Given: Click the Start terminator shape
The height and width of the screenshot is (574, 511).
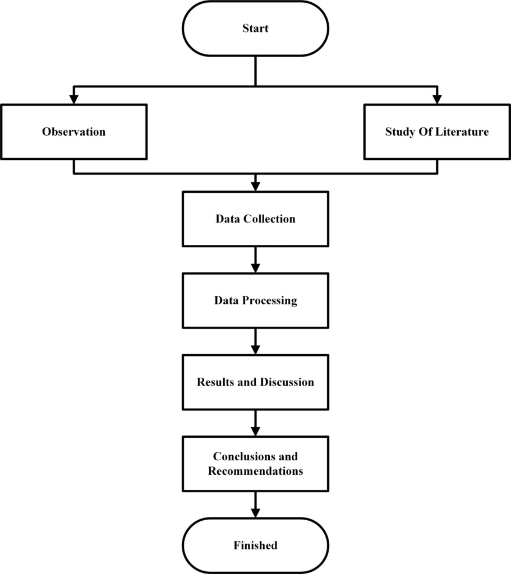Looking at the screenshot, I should (255, 29).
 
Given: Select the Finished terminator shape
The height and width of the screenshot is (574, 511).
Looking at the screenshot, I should (255, 545).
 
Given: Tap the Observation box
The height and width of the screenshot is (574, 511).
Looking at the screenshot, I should (73, 132).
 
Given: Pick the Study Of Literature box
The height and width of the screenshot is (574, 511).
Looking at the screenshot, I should (437, 132).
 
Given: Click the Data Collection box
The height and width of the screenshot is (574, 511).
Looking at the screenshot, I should (255, 219).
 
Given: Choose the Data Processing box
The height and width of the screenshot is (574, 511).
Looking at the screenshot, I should (255, 300).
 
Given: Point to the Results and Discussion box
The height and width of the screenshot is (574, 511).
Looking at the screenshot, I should (255, 382).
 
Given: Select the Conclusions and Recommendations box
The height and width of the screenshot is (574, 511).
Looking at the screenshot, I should (255, 464).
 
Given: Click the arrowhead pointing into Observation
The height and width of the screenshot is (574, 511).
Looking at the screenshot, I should (73, 99).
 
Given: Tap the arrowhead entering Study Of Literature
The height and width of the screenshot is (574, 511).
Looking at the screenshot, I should (437, 99).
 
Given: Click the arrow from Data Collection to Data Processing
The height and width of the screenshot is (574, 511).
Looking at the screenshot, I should (255, 260).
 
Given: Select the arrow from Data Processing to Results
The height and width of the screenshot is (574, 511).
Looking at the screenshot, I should (255, 341).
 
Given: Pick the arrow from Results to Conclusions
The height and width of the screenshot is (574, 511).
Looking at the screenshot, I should (255, 423).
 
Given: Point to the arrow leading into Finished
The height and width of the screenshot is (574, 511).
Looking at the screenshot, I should (255, 505).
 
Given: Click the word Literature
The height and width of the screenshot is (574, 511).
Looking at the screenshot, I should (463, 132).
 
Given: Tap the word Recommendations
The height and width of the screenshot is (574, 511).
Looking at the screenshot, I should (255, 471).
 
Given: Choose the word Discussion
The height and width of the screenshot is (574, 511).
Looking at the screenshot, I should (287, 382).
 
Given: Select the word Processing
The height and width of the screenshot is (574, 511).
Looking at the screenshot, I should (270, 301).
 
